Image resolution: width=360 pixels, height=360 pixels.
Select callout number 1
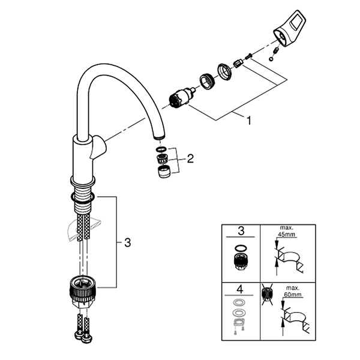click(248, 120)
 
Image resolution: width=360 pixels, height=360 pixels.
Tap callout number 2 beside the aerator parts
click(190, 159)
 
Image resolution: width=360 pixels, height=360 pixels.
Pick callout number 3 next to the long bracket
click(127, 242)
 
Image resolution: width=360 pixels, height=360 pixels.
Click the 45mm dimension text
click(287, 235)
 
